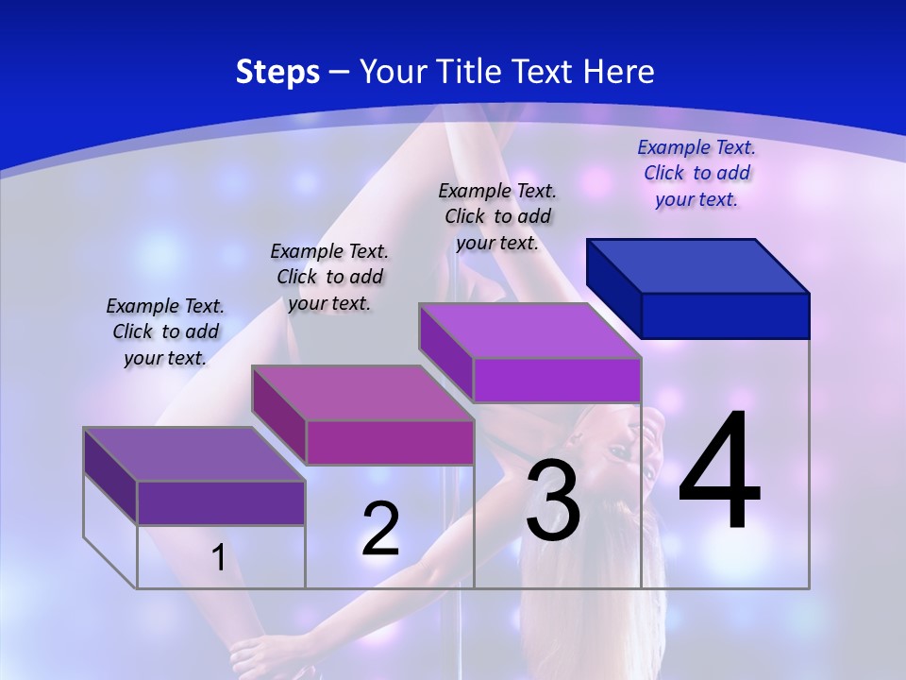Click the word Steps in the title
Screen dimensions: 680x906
pyautogui.click(x=277, y=72)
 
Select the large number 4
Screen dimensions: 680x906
pyautogui.click(x=719, y=472)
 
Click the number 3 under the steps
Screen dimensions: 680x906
pyautogui.click(x=552, y=500)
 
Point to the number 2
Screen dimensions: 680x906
pyautogui.click(x=380, y=529)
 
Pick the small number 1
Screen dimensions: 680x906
pyautogui.click(x=219, y=557)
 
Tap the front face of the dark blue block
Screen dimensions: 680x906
pyautogui.click(x=725, y=315)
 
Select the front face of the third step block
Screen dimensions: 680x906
pyautogui.click(x=557, y=381)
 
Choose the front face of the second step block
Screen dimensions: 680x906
pyautogui.click(x=390, y=442)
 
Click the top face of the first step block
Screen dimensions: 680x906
pyautogui.click(x=194, y=454)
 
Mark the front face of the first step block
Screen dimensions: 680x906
pyautogui.click(x=221, y=502)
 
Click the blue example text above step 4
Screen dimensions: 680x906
pyautogui.click(x=696, y=173)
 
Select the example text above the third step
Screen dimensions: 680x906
pyautogui.click(x=497, y=216)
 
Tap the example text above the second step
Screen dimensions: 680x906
pyautogui.click(x=329, y=277)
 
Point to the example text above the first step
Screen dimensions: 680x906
pyautogui.click(x=165, y=331)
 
